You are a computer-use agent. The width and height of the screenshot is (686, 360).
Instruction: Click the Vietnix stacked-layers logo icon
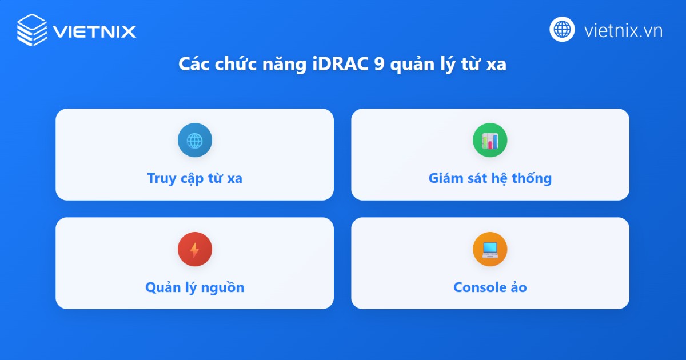click(32, 30)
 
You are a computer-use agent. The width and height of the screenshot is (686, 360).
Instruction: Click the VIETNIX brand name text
click(94, 31)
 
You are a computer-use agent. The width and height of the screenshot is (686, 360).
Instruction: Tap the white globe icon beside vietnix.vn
click(562, 29)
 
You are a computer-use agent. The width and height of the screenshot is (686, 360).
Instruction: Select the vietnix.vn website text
click(623, 30)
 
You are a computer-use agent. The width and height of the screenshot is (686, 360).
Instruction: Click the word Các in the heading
click(194, 65)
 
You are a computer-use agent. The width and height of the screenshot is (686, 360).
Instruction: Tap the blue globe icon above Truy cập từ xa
click(194, 140)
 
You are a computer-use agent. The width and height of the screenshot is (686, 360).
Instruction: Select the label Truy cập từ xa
click(194, 178)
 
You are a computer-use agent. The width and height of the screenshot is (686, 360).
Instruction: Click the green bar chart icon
click(490, 140)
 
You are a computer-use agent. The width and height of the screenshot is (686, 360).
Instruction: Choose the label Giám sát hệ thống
click(490, 178)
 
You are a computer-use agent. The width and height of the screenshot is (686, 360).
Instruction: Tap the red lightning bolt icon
click(194, 249)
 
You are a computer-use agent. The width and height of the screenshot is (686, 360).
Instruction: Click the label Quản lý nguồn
click(194, 287)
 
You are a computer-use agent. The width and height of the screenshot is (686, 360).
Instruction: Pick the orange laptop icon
click(490, 249)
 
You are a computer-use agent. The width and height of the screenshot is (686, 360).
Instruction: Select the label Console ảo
click(490, 287)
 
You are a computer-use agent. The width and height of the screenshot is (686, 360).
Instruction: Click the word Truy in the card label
click(161, 178)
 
